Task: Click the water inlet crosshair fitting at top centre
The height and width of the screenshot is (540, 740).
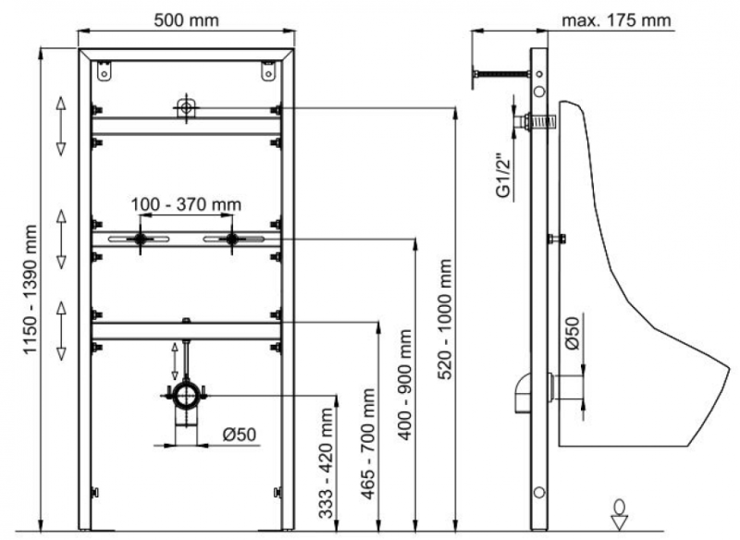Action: point(186,107)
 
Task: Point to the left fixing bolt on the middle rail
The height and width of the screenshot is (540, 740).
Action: point(140,239)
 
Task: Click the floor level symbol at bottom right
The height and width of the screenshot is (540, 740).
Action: point(620,509)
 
